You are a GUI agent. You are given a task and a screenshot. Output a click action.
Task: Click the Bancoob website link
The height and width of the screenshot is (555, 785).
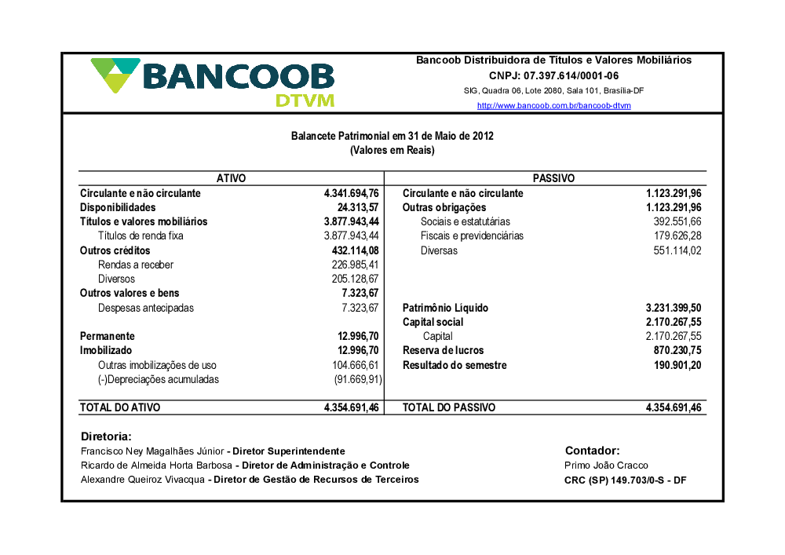tap(553, 106)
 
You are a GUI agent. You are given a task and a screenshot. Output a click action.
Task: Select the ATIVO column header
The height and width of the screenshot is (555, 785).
tap(231, 179)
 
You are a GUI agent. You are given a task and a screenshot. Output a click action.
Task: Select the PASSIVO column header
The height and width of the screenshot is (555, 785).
tap(553, 179)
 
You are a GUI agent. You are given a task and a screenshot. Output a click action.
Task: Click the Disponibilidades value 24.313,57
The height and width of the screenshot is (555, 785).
tap(358, 207)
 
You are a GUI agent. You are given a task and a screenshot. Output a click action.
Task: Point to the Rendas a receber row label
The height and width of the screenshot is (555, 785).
tap(136, 265)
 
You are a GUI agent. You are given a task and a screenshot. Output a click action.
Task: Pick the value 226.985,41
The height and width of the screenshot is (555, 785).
tap(356, 265)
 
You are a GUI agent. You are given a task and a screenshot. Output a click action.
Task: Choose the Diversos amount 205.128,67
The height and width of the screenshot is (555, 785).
tap(356, 279)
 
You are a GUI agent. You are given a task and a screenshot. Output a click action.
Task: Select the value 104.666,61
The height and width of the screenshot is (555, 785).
tap(356, 365)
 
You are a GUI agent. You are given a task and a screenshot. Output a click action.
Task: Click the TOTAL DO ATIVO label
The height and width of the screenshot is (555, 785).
tap(120, 407)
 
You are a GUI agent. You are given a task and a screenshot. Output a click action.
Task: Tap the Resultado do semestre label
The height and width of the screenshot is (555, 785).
tap(455, 365)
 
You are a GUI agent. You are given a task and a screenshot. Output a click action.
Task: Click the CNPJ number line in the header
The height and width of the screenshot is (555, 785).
tap(553, 76)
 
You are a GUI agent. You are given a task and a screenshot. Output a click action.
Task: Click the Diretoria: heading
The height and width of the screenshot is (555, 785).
tap(106, 436)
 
